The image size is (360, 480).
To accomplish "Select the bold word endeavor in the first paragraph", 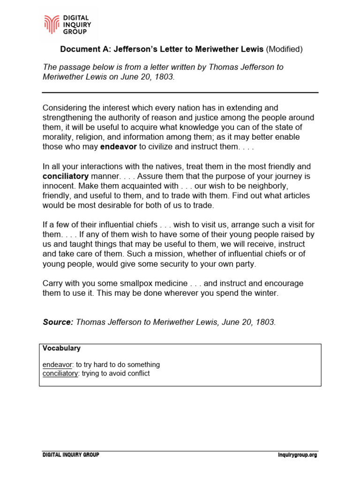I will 119,147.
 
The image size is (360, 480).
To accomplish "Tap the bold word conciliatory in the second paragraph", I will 66,176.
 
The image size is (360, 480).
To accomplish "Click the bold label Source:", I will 58,322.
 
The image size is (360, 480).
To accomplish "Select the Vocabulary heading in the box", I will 61,348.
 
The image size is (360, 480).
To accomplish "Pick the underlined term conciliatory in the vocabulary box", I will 60,374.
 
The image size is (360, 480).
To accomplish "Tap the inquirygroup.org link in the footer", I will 297,455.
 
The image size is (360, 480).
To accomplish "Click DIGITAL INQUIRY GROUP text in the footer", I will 71,455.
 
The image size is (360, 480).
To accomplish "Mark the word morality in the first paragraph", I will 58,137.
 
